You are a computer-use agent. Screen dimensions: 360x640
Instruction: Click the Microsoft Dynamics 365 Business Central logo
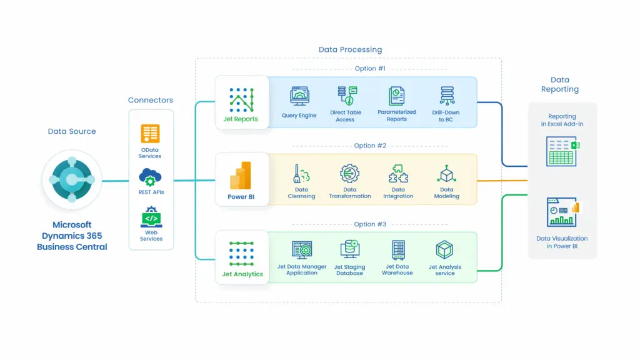(x=72, y=179)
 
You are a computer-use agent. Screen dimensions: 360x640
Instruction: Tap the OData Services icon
(x=150, y=134)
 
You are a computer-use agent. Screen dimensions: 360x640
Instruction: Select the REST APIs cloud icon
(x=150, y=177)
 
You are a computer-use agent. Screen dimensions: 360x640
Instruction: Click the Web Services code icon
(x=151, y=218)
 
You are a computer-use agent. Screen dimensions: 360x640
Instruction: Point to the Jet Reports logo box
(x=241, y=102)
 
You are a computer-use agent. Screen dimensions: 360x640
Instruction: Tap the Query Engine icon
(x=299, y=96)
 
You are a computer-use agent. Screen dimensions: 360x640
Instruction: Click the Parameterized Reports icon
(x=396, y=96)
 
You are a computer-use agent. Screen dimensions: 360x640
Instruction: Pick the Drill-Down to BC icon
(x=446, y=96)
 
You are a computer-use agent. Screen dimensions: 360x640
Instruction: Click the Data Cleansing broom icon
(x=301, y=174)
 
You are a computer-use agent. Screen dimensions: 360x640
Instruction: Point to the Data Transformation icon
(x=349, y=173)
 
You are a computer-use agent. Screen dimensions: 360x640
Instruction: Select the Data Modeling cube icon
(x=446, y=174)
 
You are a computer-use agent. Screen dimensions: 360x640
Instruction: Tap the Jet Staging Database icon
(x=349, y=249)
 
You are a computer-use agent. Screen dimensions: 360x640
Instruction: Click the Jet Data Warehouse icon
(x=397, y=249)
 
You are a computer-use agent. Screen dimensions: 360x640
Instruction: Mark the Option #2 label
(x=370, y=146)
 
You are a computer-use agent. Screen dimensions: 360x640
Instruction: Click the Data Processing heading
(x=350, y=49)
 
